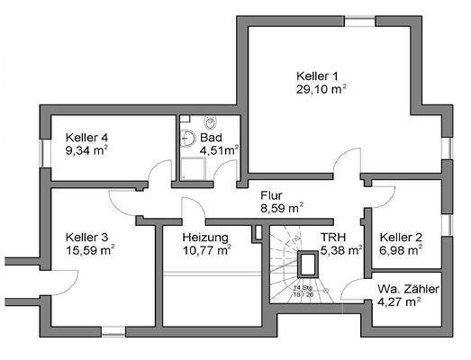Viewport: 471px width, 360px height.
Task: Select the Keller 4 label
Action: [x=86, y=138]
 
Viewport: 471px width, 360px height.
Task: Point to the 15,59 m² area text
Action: [x=91, y=251]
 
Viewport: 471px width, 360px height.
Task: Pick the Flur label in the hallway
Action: [x=272, y=194]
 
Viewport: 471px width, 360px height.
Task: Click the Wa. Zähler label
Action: [x=408, y=289]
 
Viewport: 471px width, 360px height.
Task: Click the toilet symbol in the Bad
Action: [x=209, y=123]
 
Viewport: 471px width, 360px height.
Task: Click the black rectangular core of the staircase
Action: [x=307, y=264]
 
